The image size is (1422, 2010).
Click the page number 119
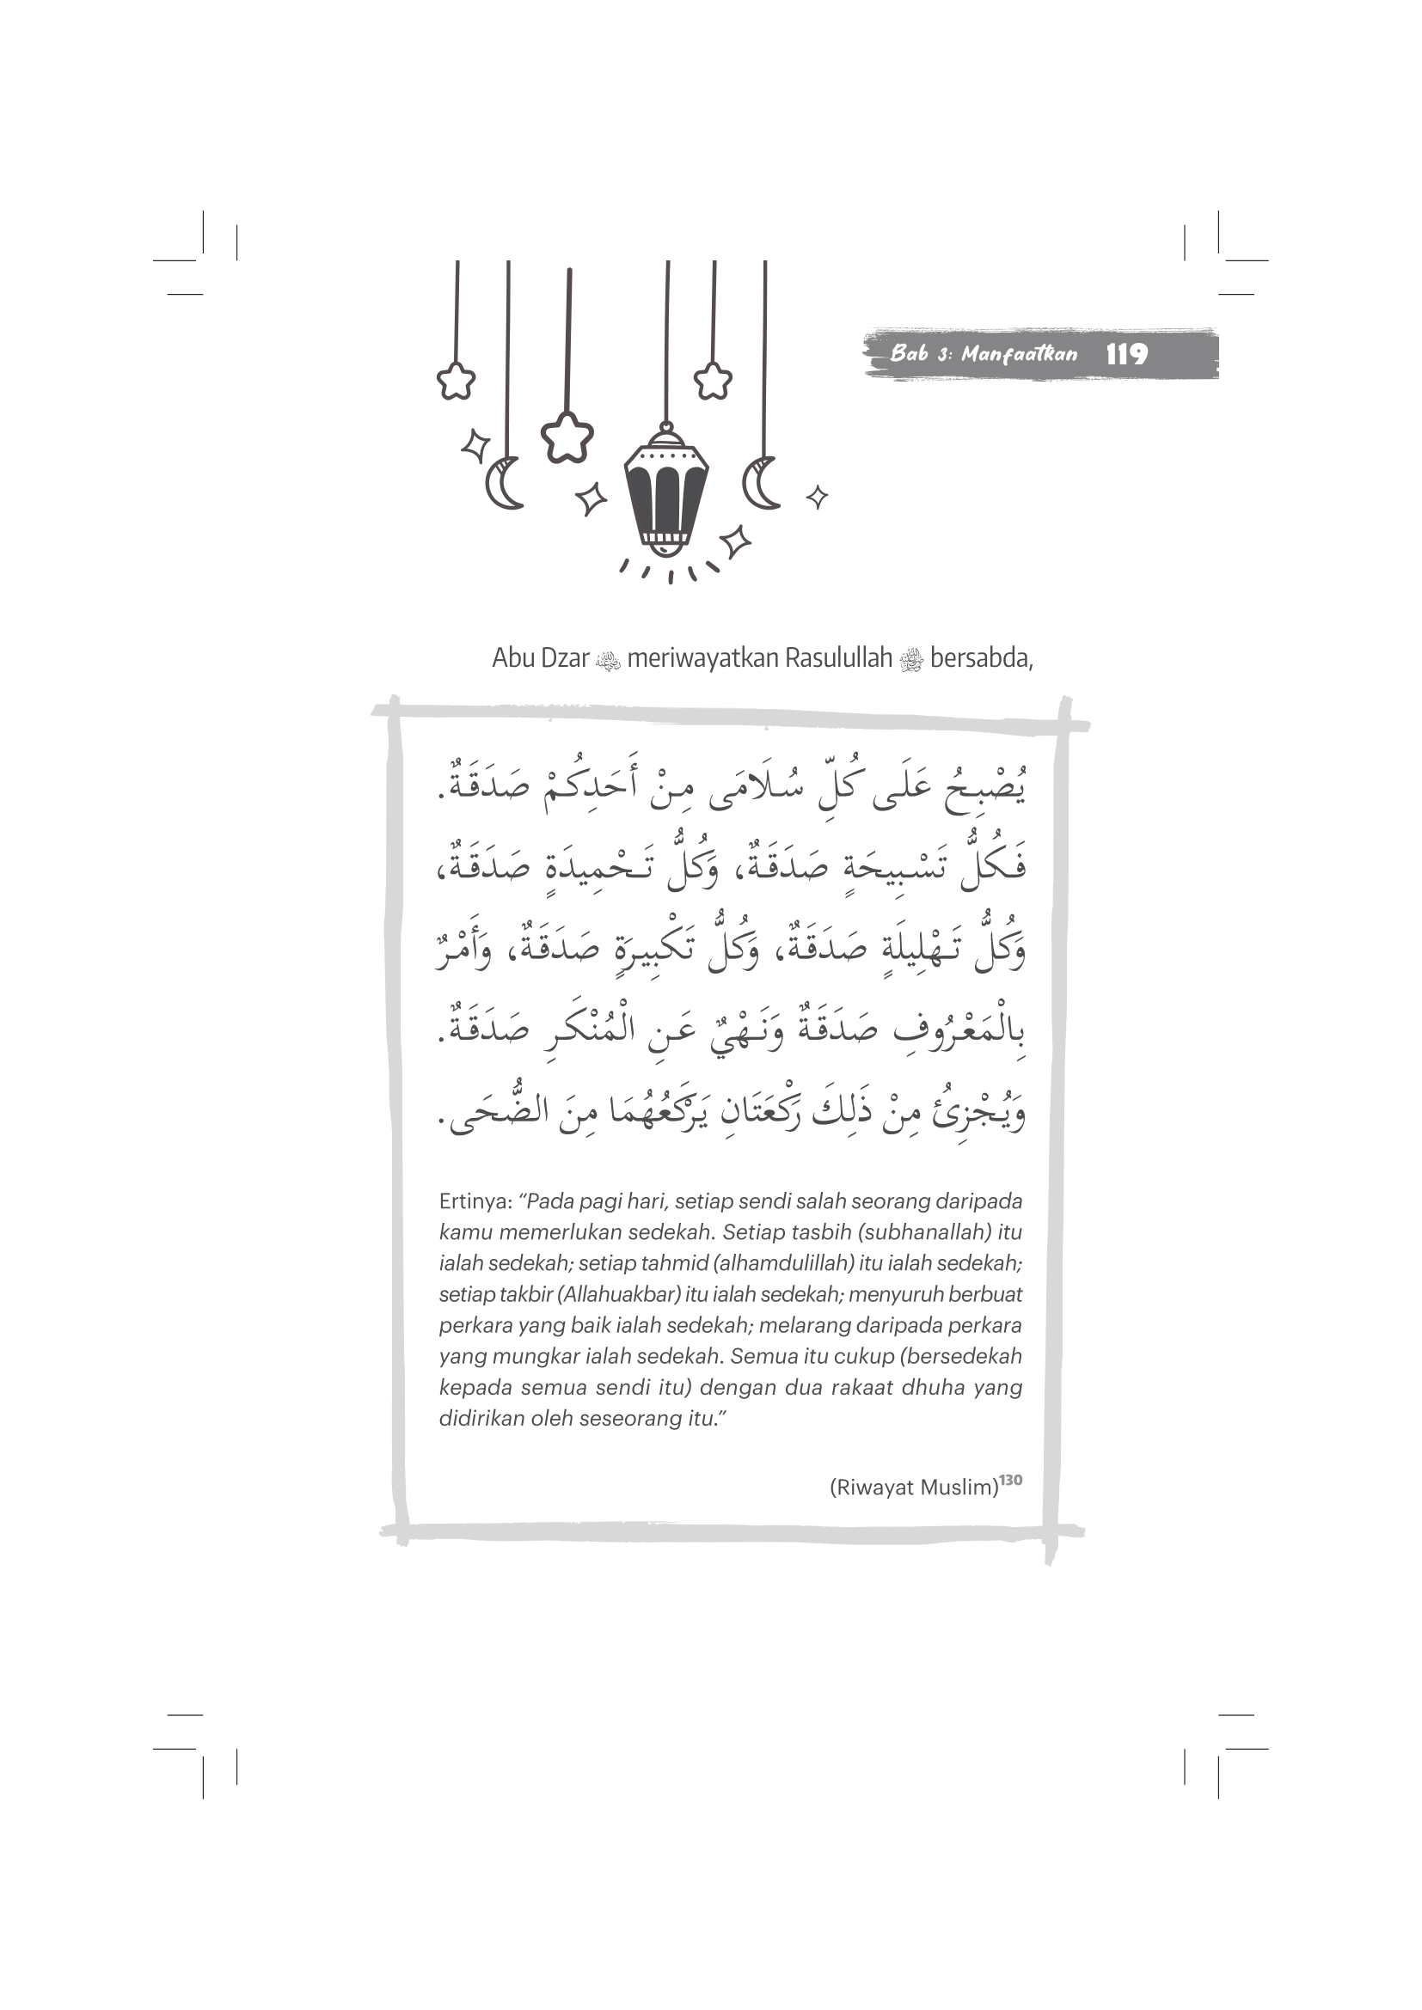click(1126, 355)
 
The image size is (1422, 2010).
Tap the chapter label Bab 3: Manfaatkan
click(984, 355)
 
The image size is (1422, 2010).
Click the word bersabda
click(981, 658)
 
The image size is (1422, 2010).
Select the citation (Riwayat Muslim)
click(913, 1488)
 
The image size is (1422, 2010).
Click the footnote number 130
click(1011, 1480)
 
